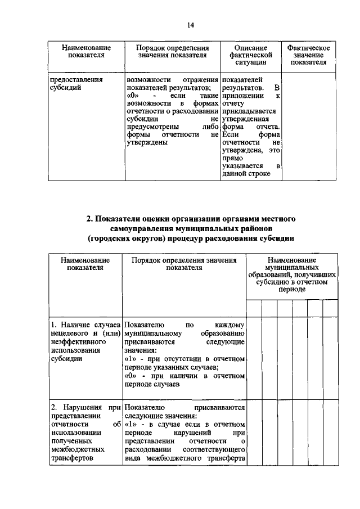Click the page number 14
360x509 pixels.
click(190, 25)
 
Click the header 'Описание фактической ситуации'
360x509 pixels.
click(250, 55)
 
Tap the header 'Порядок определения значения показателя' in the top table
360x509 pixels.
click(173, 51)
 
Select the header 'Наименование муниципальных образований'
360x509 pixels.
click(291, 270)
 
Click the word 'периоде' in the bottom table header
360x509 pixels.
click(291, 289)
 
